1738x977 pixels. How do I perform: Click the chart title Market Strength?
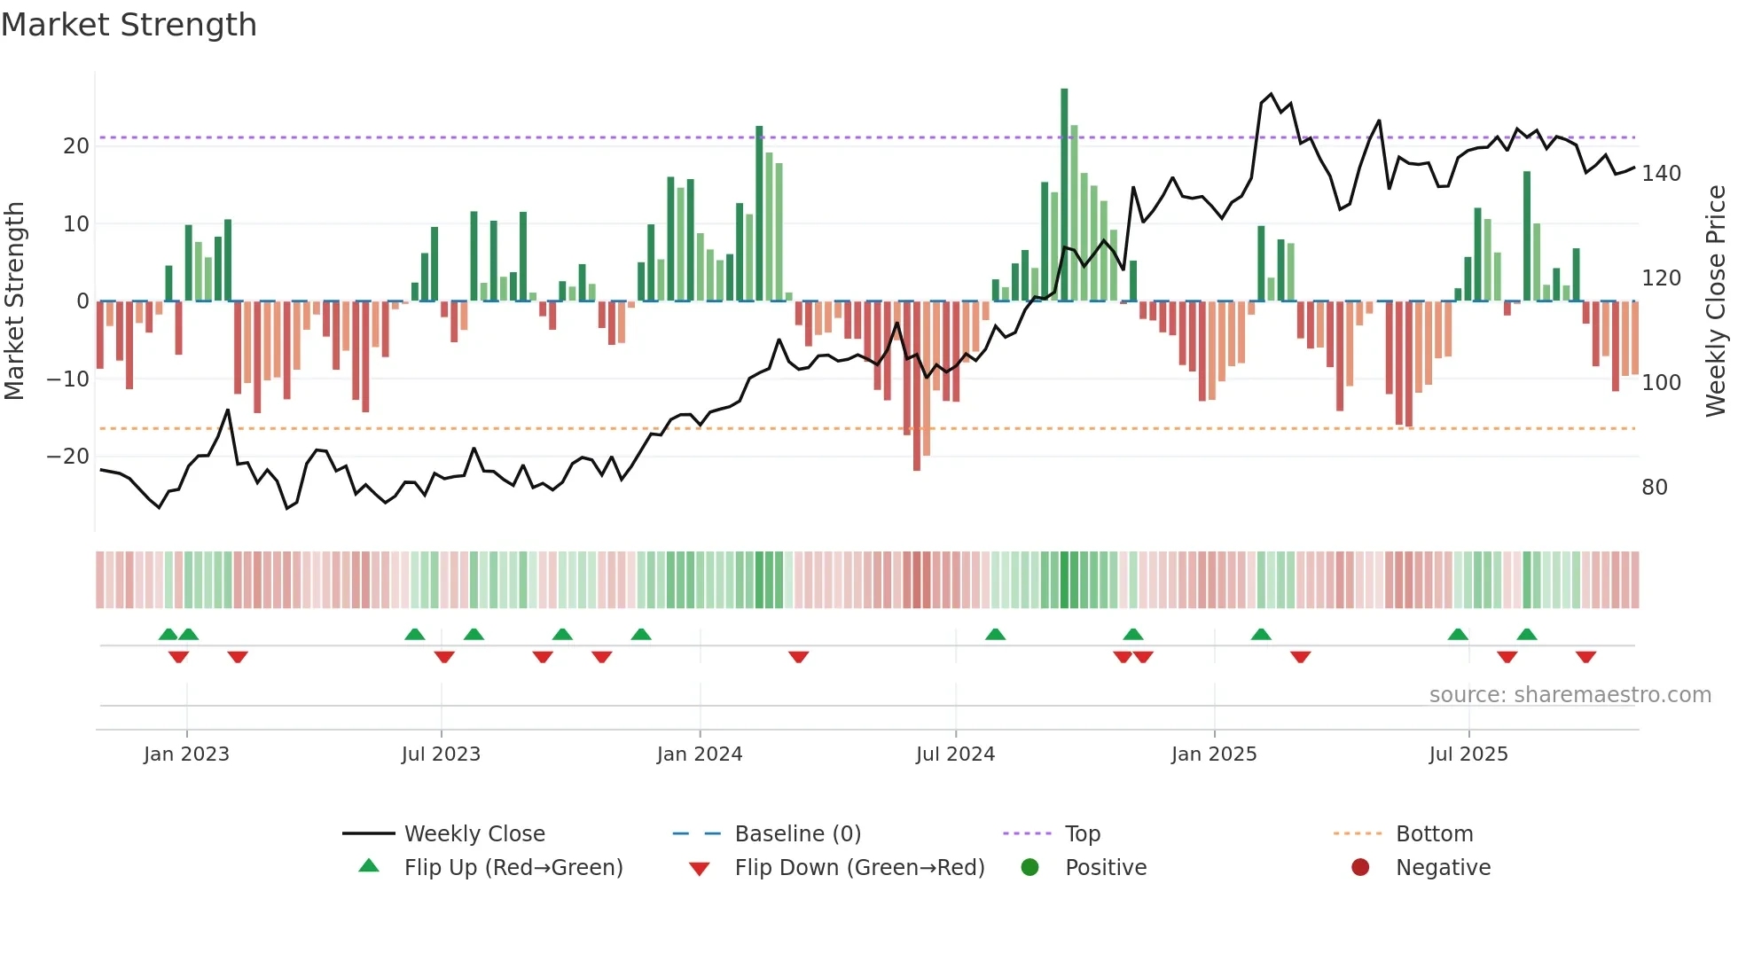[x=129, y=25]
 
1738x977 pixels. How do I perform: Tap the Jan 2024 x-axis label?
[x=699, y=754]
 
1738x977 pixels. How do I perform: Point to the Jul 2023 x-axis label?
[x=441, y=754]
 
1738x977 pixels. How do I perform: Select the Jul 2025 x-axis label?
[x=1468, y=754]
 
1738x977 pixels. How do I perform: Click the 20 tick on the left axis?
[x=76, y=146]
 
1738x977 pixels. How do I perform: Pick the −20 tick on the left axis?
[x=68, y=457]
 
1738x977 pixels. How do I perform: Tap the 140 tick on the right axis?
[x=1661, y=174]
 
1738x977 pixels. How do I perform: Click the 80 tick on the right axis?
[x=1654, y=488]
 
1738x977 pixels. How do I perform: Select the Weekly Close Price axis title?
[x=1716, y=301]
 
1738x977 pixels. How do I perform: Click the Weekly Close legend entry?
[x=474, y=834]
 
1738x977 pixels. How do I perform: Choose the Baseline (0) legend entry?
[x=797, y=834]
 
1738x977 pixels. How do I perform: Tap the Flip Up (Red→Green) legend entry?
[x=513, y=868]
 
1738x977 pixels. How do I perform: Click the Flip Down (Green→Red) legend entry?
[x=858, y=868]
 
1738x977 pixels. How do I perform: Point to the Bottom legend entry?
[x=1434, y=834]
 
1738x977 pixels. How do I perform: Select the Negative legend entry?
[x=1443, y=868]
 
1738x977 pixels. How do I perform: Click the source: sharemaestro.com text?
[x=1570, y=695]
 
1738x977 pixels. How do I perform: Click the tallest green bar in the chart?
[x=1064, y=195]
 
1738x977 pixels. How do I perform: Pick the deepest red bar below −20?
[x=917, y=390]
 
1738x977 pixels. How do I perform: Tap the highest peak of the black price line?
[x=1271, y=94]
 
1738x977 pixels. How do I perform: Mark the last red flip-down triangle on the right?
[x=1585, y=657]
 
